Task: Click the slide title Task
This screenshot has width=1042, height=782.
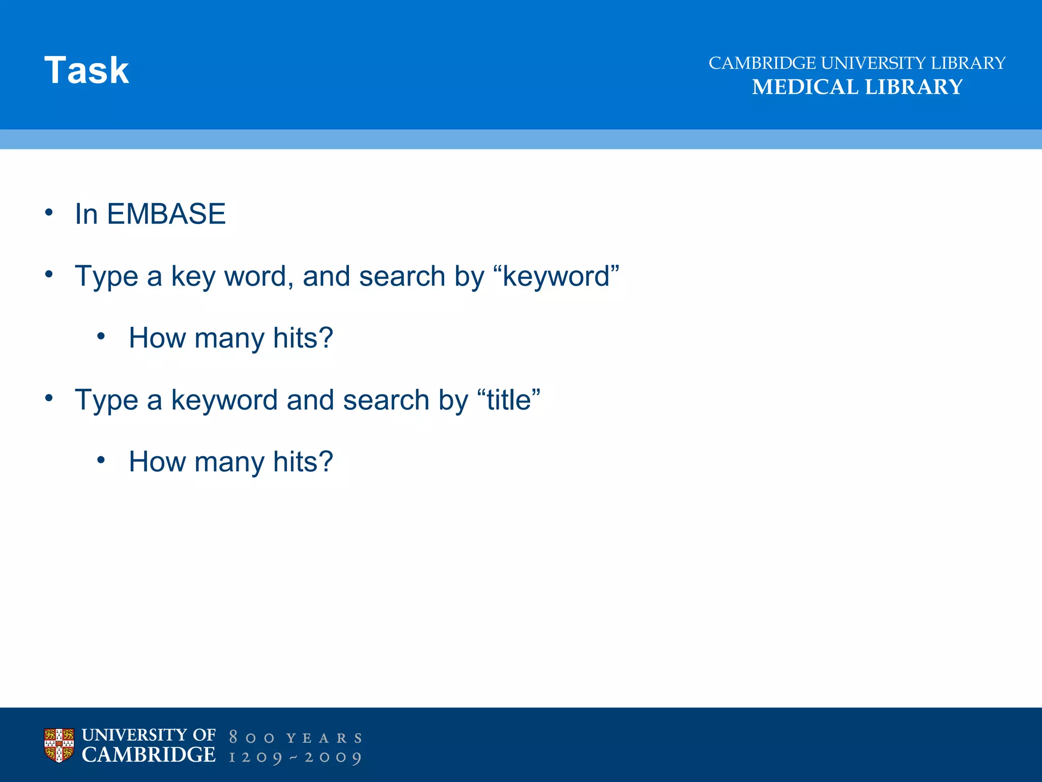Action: [x=86, y=70]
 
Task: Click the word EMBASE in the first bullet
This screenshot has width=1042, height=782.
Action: [x=166, y=214]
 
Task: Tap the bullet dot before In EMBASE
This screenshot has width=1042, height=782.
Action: [x=49, y=212]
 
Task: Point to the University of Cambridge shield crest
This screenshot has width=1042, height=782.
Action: [x=59, y=745]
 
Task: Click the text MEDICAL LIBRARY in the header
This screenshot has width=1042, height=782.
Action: [x=857, y=87]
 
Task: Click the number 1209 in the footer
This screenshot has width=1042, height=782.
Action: [x=255, y=758]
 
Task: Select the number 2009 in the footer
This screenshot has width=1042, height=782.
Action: [x=333, y=758]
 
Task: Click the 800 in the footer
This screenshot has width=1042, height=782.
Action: [x=251, y=738]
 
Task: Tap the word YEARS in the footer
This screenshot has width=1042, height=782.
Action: [x=324, y=738]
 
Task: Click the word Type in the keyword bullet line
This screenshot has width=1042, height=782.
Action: [x=106, y=276]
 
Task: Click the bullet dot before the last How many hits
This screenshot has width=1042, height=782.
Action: [x=101, y=460]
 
